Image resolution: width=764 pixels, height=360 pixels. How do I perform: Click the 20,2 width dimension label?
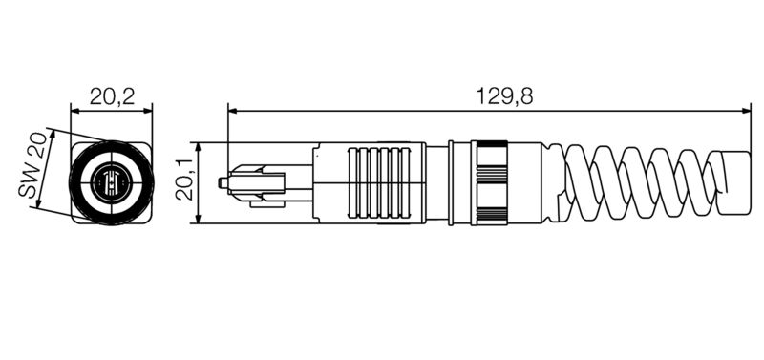(112, 95)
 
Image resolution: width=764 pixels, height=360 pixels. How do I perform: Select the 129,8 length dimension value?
(504, 95)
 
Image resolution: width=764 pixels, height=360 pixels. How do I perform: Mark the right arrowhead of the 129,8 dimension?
(748, 111)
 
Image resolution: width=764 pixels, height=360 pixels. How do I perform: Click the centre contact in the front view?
(112, 180)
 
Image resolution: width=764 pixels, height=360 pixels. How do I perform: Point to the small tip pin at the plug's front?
(223, 181)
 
